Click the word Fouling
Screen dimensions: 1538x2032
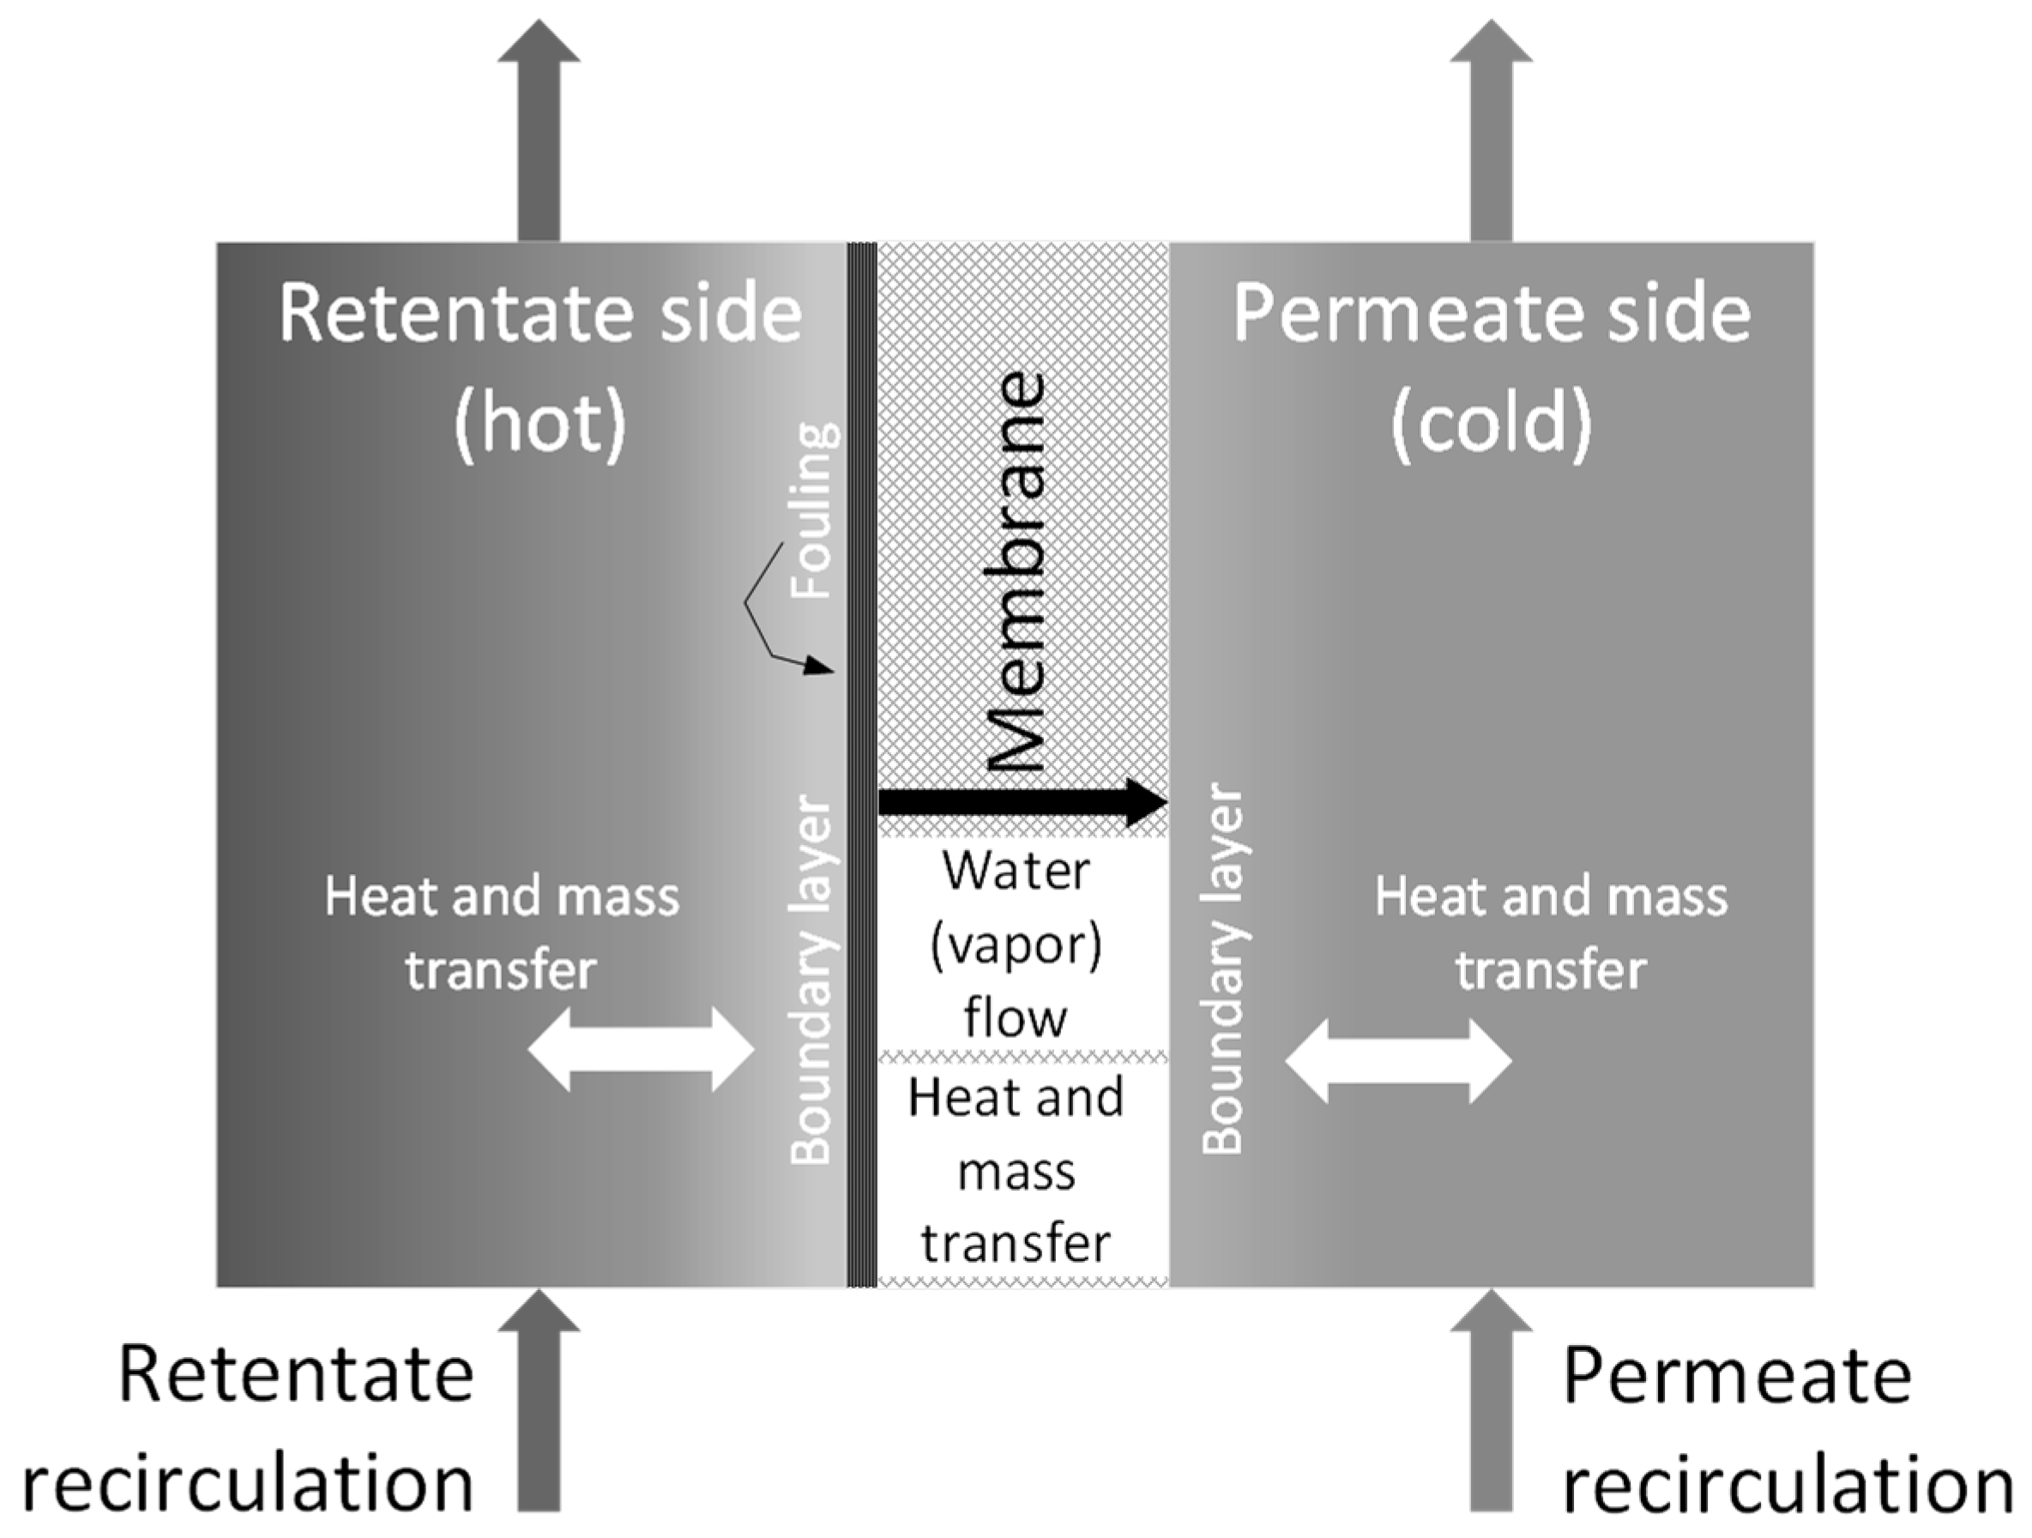(x=814, y=511)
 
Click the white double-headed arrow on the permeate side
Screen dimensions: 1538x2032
(x=1398, y=1061)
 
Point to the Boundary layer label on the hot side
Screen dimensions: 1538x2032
(x=811, y=980)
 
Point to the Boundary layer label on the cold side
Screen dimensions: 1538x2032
(x=1222, y=969)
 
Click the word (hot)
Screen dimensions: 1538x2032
(x=540, y=424)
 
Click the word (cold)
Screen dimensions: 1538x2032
(x=1490, y=424)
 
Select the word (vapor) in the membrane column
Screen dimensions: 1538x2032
(x=1015, y=945)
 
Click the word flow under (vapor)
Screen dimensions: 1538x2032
(x=1015, y=1018)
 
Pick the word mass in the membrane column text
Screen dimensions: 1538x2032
(x=1016, y=1173)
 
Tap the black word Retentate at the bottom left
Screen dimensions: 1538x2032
(x=296, y=1375)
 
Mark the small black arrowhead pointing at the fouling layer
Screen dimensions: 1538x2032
(x=818, y=665)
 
